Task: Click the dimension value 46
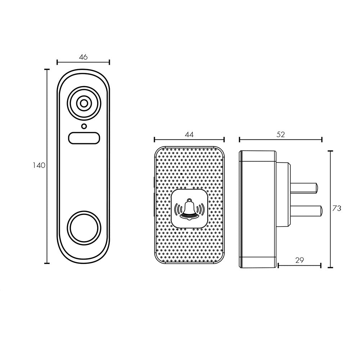click(83, 57)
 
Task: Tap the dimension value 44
click(189, 135)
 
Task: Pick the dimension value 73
click(337, 208)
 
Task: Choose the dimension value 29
click(299, 260)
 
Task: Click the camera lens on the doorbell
click(84, 103)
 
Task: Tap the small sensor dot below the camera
click(84, 126)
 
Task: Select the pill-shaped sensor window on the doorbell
click(84, 138)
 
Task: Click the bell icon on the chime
click(189, 209)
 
